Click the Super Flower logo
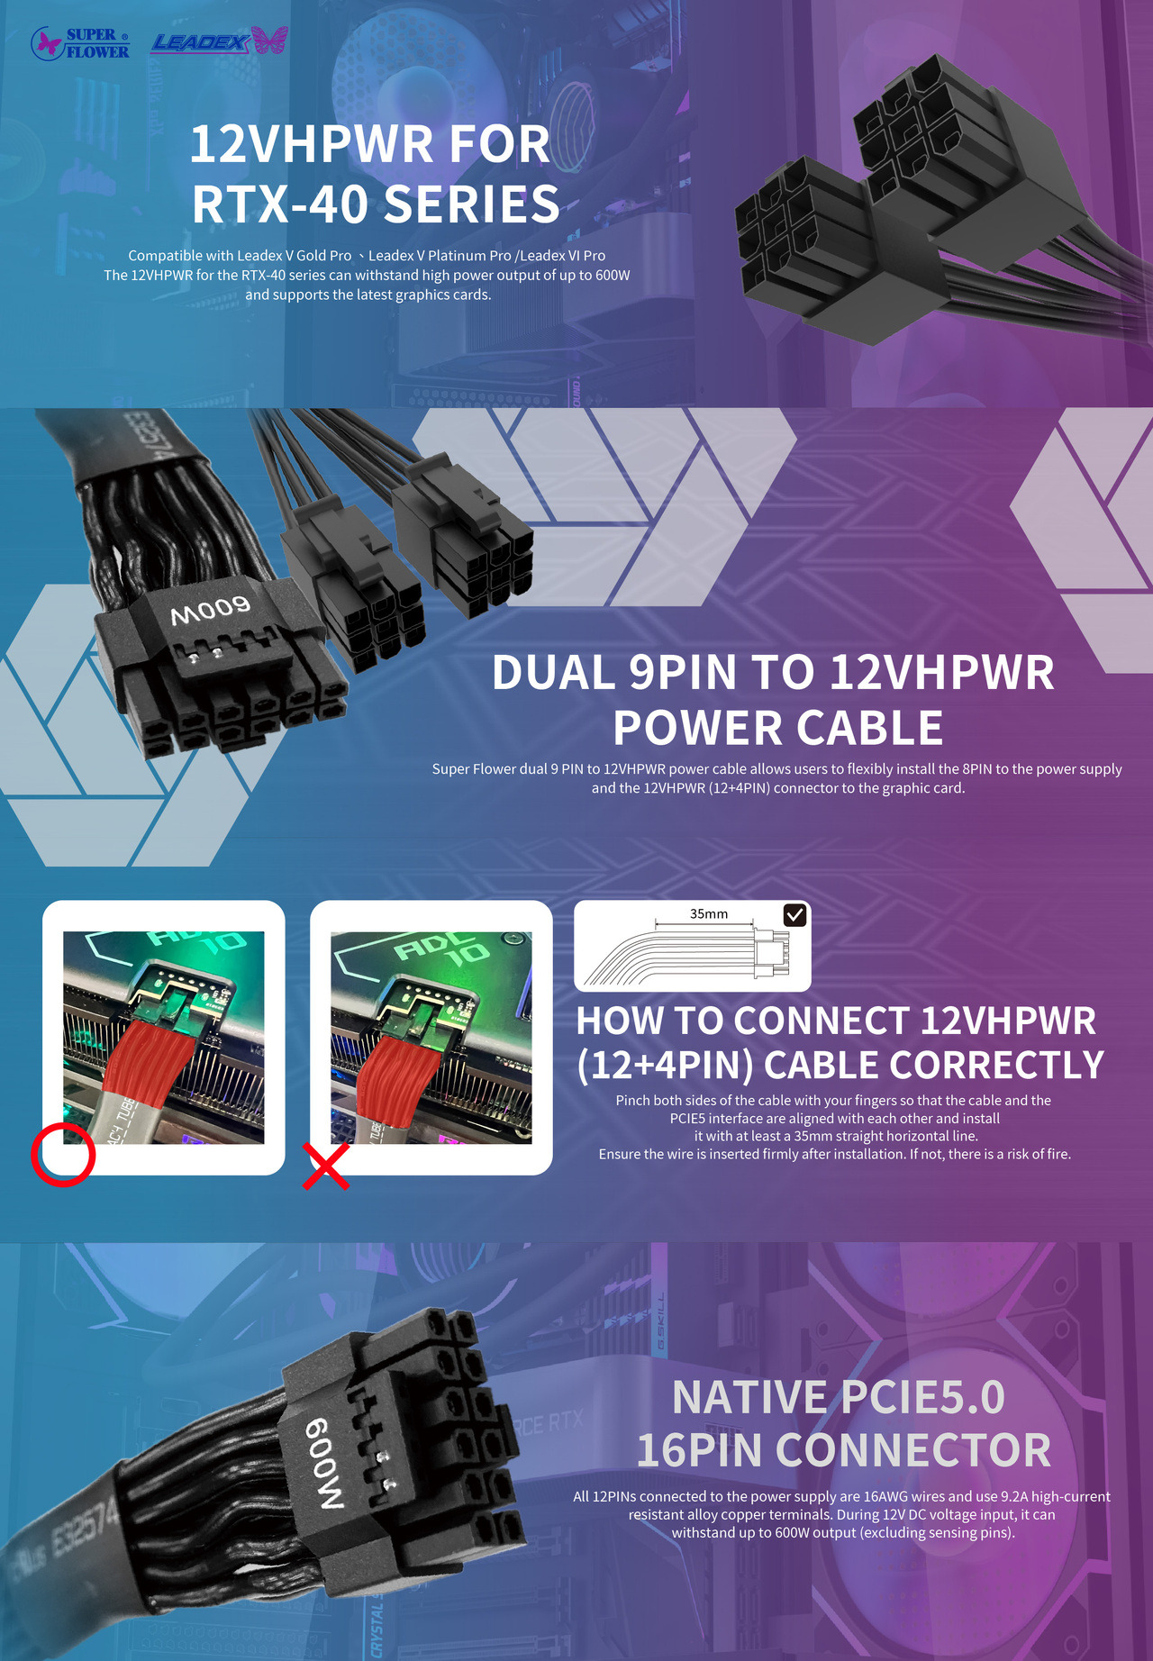[80, 43]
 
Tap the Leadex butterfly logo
[219, 41]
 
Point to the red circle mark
[63, 1154]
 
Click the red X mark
[326, 1166]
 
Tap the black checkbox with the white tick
[795, 915]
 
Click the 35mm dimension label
[709, 913]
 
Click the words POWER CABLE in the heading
[778, 728]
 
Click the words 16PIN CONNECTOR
[844, 1450]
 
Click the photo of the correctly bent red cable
[164, 1038]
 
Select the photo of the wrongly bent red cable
[431, 1038]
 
